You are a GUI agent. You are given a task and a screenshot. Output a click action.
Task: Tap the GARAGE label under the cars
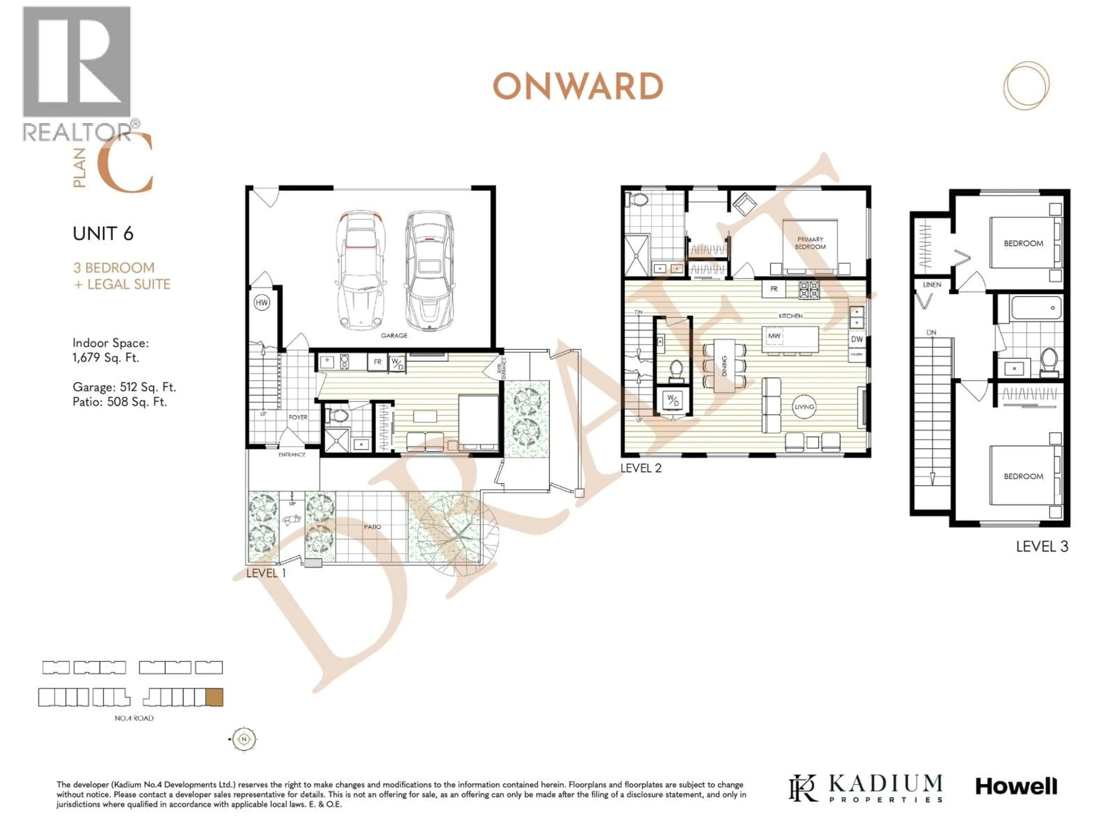point(394,335)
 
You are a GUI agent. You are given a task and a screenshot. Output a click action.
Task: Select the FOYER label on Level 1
point(298,417)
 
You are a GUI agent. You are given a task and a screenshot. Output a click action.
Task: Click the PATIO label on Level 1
point(372,526)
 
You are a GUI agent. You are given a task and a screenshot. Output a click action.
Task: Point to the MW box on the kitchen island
point(774,336)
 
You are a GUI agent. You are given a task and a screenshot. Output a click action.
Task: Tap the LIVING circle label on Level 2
point(803,407)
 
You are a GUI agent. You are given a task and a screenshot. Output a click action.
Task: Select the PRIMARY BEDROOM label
point(810,243)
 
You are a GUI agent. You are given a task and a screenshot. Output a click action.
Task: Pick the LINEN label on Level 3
point(932,285)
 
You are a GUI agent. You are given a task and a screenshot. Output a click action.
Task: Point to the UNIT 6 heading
point(103,234)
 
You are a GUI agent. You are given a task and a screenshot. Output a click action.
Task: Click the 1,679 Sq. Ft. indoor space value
point(106,358)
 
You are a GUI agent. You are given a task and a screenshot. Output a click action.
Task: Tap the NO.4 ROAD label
point(134,718)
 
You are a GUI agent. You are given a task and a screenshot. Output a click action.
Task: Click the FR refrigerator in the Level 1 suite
point(377,362)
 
